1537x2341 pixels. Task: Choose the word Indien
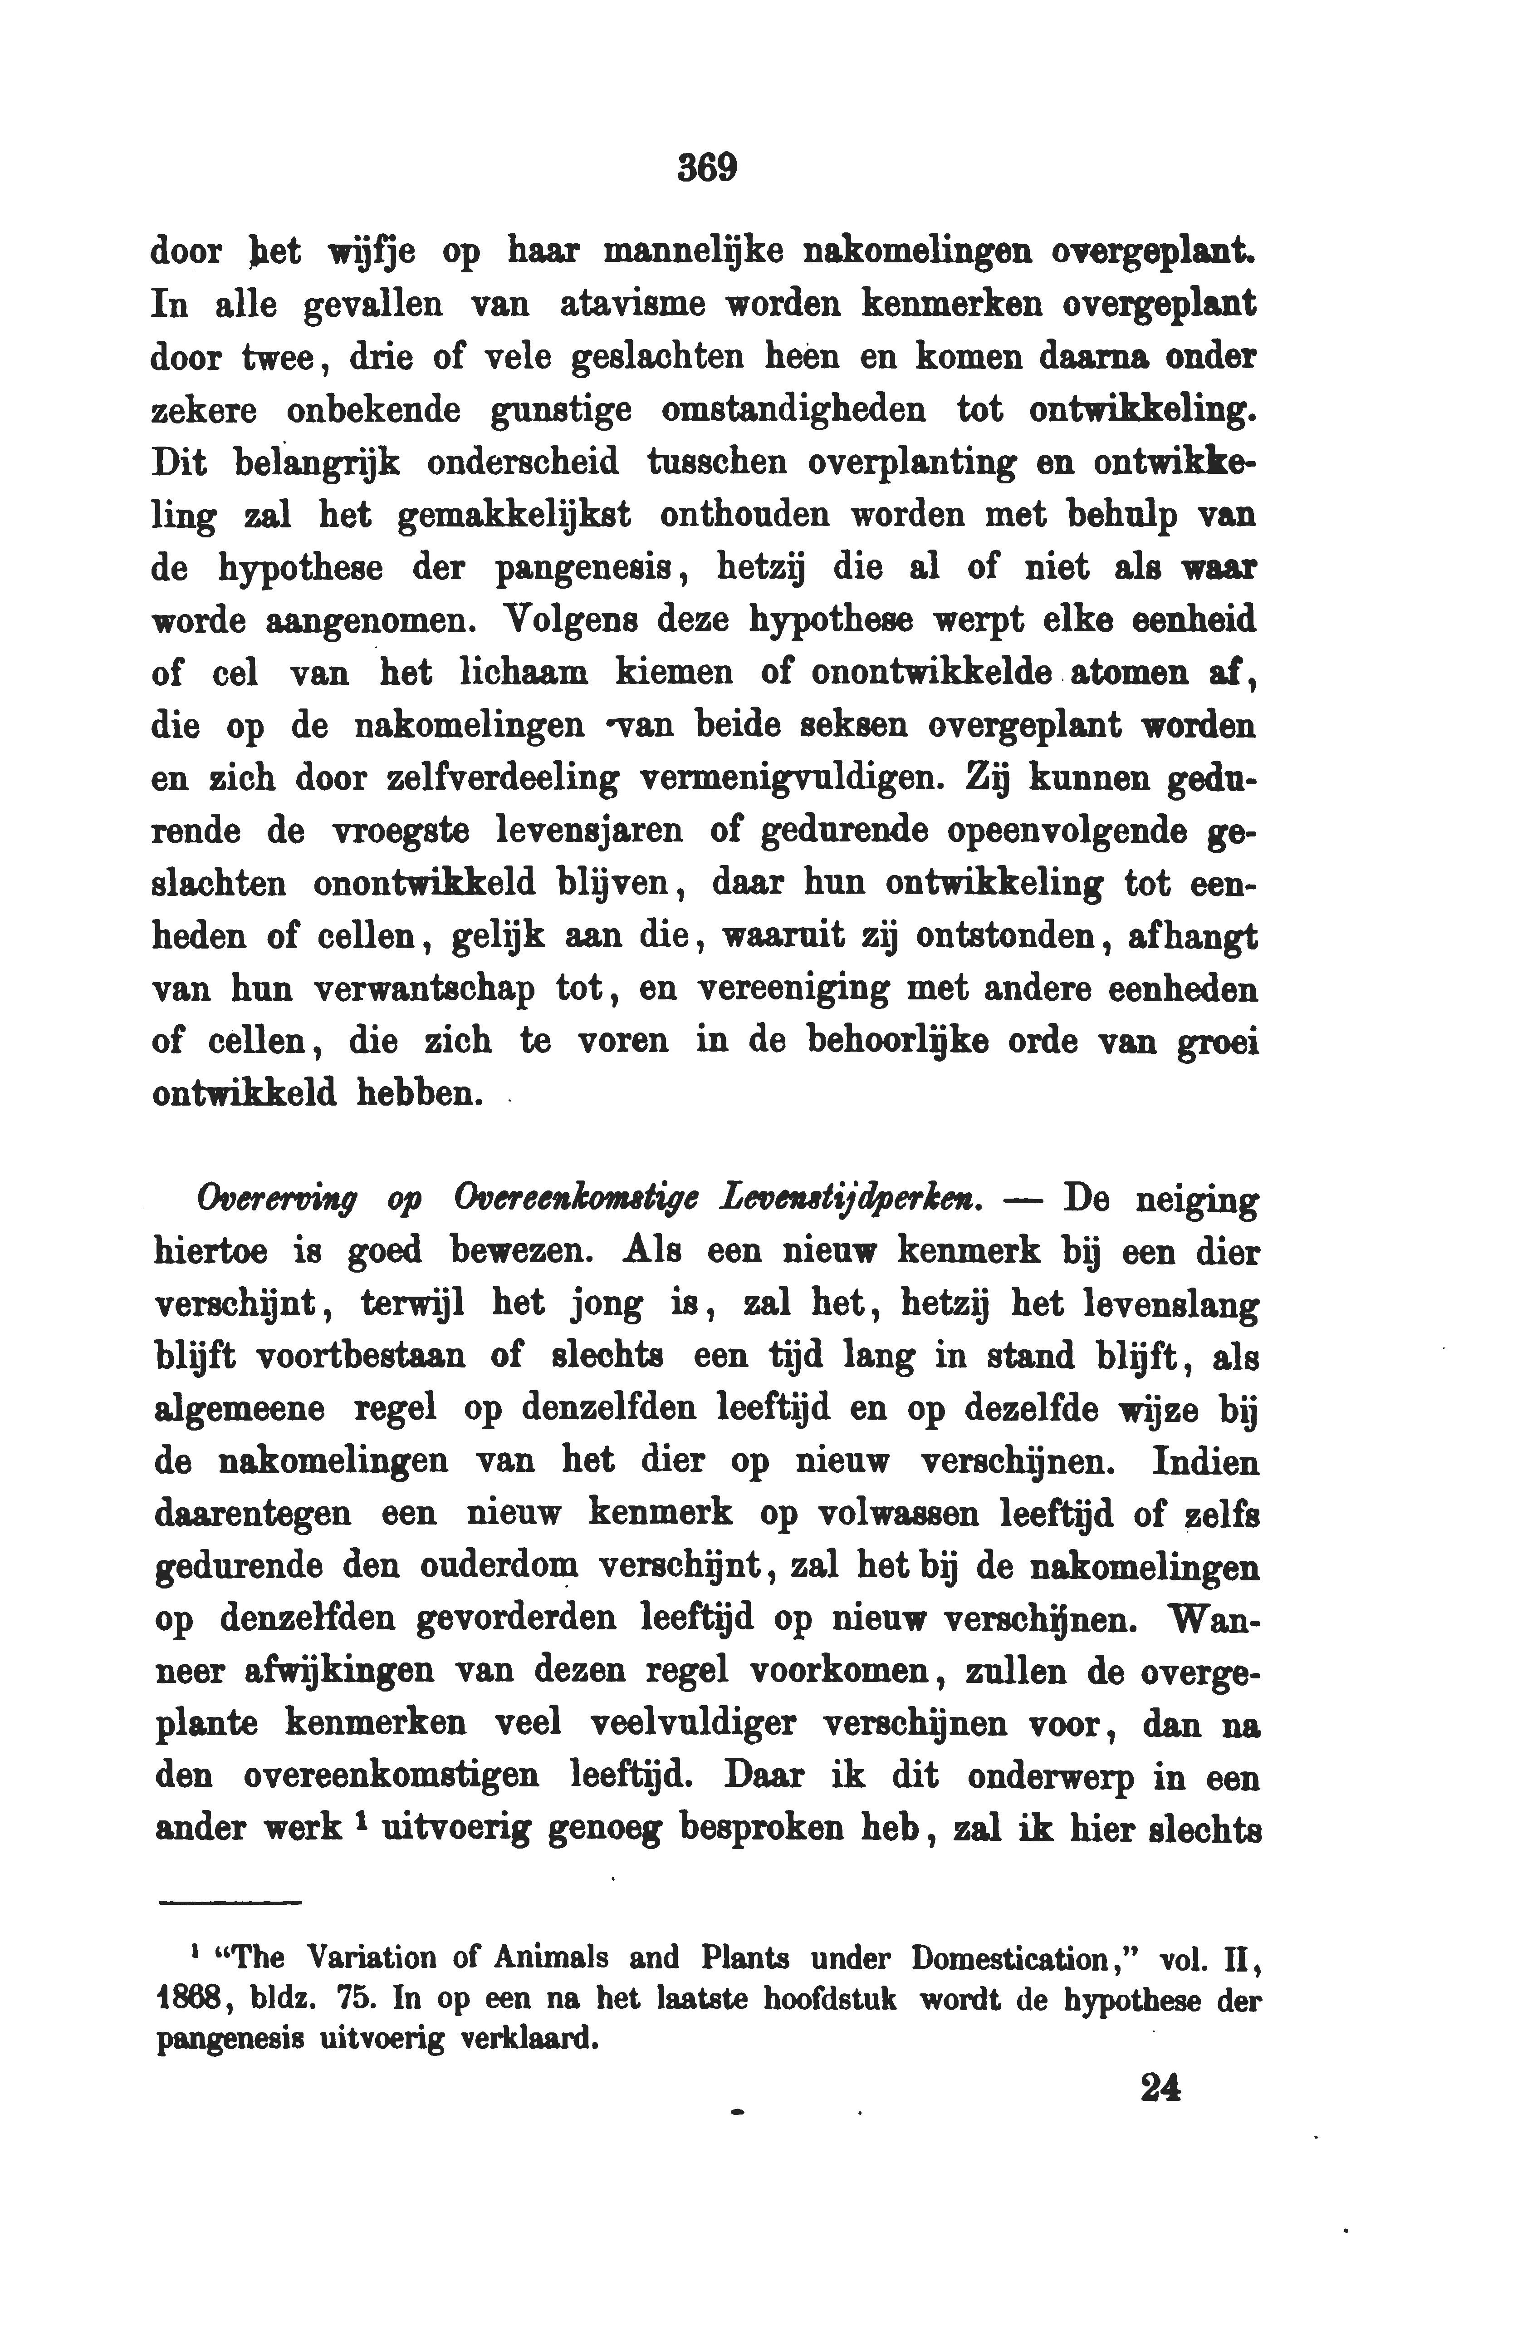click(x=1204, y=1463)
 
